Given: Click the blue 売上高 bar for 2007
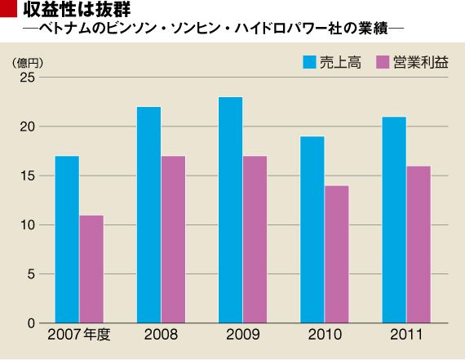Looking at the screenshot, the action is click(x=67, y=239).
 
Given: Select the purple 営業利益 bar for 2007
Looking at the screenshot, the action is click(x=91, y=269).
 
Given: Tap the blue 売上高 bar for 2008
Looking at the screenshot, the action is click(x=148, y=215).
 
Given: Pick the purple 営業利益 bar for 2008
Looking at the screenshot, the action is click(x=173, y=239).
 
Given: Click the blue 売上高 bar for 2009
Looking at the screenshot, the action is click(x=231, y=210).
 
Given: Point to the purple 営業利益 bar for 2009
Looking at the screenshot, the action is click(x=255, y=239).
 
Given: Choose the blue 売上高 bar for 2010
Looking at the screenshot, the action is click(x=312, y=229).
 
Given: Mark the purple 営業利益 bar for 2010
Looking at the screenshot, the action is click(x=337, y=255).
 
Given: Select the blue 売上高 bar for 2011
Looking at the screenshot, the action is click(x=394, y=220).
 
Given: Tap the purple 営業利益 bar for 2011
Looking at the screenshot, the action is click(x=418, y=245).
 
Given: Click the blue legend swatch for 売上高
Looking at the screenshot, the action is click(x=309, y=62).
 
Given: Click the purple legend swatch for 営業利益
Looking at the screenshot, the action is click(x=383, y=62).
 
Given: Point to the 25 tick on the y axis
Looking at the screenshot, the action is click(x=27, y=78).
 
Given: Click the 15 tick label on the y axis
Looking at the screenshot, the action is click(x=27, y=176).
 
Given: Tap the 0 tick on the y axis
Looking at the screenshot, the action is click(x=31, y=323).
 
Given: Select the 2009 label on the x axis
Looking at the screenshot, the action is click(x=243, y=335).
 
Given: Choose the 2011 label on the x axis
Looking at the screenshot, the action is click(x=406, y=335).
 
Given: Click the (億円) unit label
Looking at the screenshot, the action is click(x=28, y=63).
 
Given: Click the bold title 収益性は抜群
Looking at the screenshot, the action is click(x=77, y=9).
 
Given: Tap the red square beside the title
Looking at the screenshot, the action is click(x=8, y=8).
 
